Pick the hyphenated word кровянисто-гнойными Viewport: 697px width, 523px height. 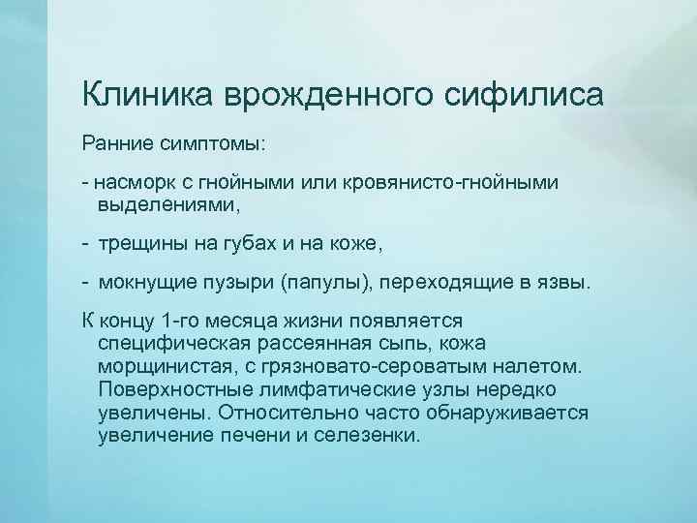click(439, 182)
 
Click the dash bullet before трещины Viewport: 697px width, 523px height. click(87, 245)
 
